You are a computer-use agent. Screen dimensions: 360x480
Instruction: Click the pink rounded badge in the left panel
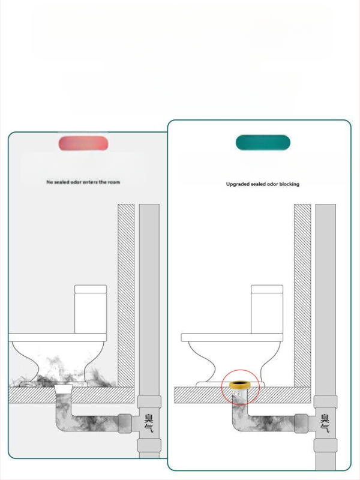tap(83, 143)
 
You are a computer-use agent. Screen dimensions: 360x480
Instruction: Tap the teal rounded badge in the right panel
tap(263, 142)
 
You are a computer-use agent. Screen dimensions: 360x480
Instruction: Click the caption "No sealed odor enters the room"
tap(83, 182)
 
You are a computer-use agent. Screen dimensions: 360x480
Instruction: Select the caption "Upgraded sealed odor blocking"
tap(263, 184)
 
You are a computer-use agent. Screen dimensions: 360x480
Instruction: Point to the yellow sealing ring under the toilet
tap(241, 385)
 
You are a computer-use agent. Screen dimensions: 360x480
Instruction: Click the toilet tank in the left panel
tap(91, 309)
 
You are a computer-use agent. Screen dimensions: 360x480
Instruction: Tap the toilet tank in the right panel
tap(267, 309)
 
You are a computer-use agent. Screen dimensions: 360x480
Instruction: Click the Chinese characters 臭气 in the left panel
tap(149, 423)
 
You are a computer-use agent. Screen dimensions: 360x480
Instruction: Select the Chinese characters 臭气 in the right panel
tap(325, 423)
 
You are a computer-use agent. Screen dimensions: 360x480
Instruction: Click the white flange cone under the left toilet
tap(64, 389)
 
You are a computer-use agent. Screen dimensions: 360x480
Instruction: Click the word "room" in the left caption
tap(114, 182)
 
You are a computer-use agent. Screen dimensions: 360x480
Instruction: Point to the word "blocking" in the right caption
tap(289, 184)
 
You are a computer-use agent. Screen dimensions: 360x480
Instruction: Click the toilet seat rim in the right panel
tap(232, 338)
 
